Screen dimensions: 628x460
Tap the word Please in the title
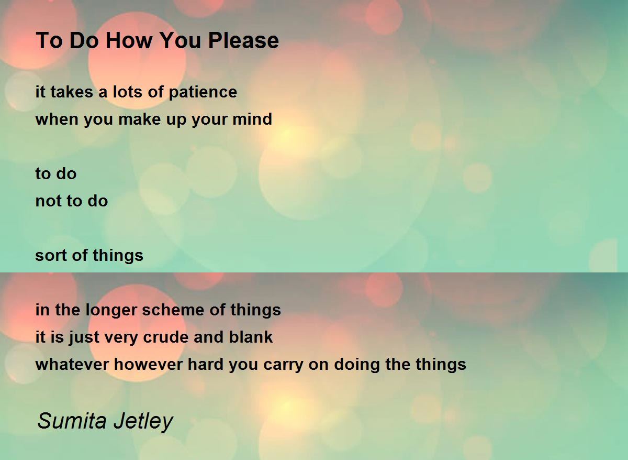tap(243, 40)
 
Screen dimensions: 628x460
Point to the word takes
tap(72, 92)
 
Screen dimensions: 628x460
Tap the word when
tap(57, 119)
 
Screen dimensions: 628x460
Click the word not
tap(48, 201)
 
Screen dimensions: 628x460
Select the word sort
tap(51, 256)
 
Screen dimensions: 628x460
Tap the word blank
tap(251, 337)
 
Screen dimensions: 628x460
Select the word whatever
tap(72, 364)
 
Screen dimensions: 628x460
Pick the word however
tap(148, 364)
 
